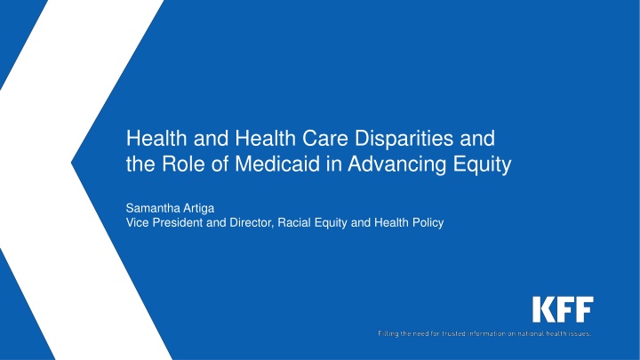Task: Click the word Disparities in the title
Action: (404, 138)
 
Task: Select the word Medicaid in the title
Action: (277, 164)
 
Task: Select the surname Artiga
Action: (199, 209)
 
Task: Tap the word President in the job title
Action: (178, 222)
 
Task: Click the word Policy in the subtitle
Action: (428, 223)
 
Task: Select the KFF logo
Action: (563, 309)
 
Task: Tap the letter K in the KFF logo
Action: (542, 309)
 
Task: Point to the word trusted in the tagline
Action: (454, 333)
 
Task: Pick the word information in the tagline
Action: (486, 333)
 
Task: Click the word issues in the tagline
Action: (581, 333)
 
